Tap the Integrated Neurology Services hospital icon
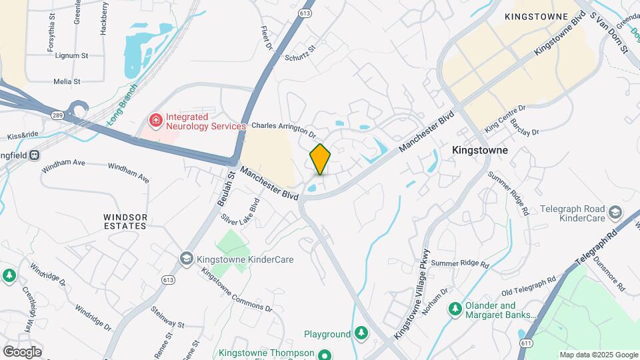click(x=155, y=121)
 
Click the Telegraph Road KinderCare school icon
click(x=615, y=213)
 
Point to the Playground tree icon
click(x=361, y=333)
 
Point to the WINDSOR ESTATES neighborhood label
click(x=125, y=221)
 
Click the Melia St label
click(x=67, y=81)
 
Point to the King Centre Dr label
click(x=505, y=117)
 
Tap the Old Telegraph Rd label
click(x=529, y=286)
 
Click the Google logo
click(x=22, y=351)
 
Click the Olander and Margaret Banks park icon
click(x=455, y=309)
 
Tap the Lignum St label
click(x=72, y=56)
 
